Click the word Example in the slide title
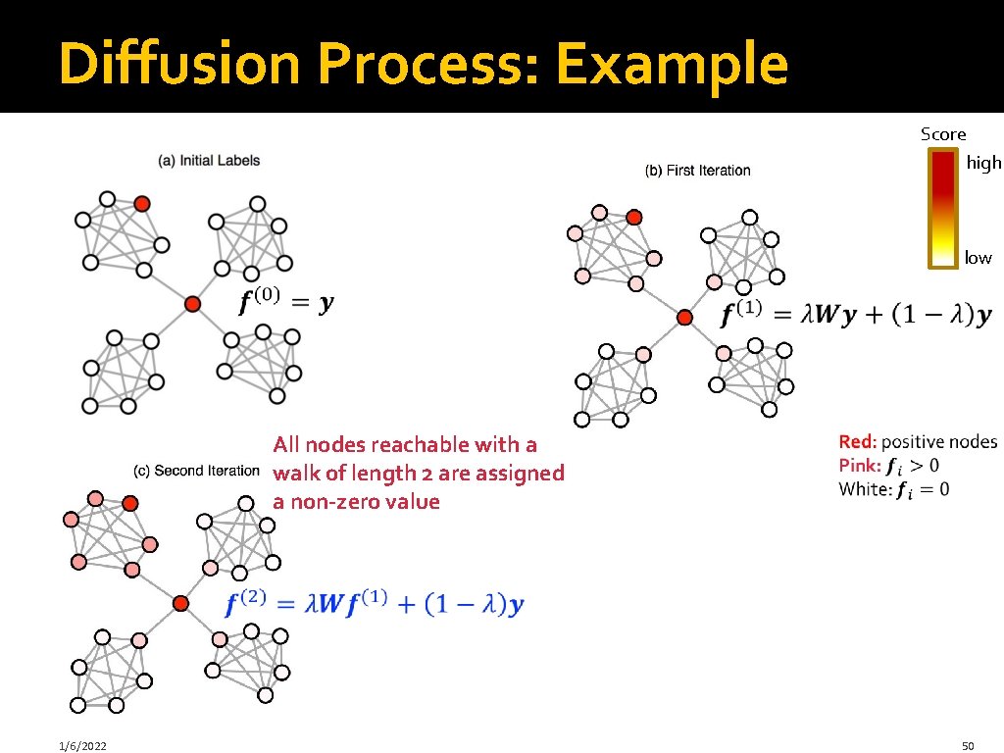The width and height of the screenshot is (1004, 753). (671, 65)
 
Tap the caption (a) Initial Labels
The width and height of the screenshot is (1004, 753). (209, 160)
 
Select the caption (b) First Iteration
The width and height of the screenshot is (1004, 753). (697, 171)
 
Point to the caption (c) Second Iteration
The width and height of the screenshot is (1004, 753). (197, 471)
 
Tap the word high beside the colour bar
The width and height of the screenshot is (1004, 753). (983, 163)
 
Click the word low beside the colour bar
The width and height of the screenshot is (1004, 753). (978, 258)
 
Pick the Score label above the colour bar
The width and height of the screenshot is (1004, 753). (942, 134)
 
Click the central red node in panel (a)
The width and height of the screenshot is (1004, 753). (193, 304)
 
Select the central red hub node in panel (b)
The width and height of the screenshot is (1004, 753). (684, 317)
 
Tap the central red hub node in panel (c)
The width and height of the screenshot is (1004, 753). (180, 603)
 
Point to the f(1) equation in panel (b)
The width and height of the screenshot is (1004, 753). (856, 314)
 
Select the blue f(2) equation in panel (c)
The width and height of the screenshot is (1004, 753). (374, 604)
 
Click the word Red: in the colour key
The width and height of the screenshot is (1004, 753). (858, 442)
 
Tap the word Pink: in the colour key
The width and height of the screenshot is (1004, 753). (860, 465)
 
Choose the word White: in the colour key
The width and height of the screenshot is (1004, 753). (865, 488)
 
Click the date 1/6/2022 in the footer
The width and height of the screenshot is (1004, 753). (82, 746)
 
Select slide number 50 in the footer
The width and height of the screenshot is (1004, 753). (970, 746)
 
